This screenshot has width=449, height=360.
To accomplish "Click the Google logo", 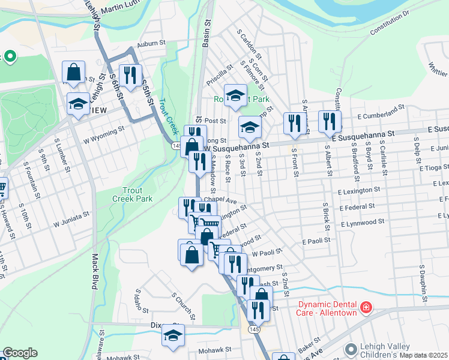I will (20, 353).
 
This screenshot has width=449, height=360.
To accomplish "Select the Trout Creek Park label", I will (133, 194).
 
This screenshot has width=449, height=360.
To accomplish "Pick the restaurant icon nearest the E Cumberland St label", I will (330, 121).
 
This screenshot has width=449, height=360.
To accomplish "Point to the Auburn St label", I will (150, 43).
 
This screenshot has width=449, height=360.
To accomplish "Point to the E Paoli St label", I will (316, 241).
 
